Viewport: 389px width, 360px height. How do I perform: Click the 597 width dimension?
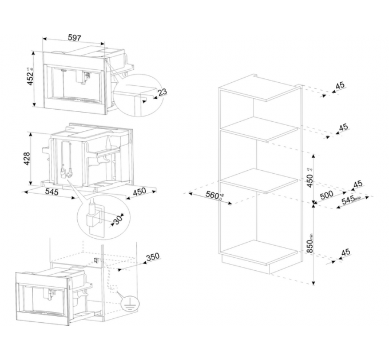click(74, 38)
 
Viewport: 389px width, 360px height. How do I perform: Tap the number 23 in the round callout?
click(162, 93)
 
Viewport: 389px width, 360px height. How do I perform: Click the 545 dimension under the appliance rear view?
click(52, 193)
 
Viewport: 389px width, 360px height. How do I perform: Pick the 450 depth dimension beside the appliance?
click(139, 191)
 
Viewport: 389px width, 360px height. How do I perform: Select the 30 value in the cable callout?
click(118, 219)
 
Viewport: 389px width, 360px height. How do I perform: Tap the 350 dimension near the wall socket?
click(152, 257)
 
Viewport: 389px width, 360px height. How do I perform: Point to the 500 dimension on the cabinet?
click(327, 194)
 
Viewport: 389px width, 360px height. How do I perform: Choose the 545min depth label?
click(351, 201)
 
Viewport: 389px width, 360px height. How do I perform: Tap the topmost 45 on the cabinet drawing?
click(340, 86)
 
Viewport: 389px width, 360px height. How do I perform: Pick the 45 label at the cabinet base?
click(345, 252)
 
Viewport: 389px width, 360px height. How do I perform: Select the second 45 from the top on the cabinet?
click(343, 127)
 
